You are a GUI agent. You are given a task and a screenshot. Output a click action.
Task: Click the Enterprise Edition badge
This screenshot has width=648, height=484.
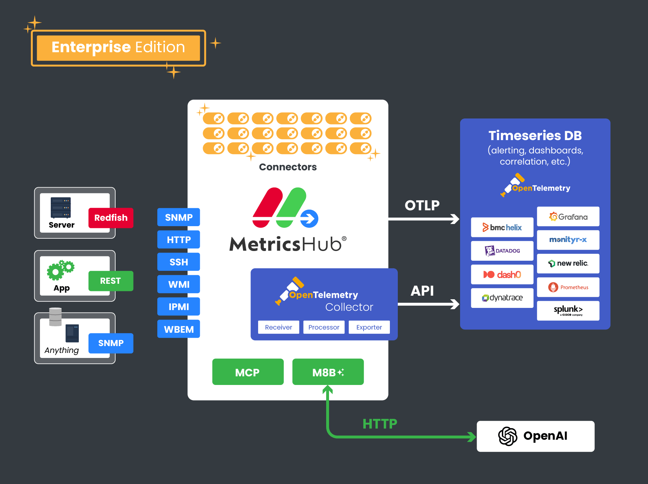(x=118, y=48)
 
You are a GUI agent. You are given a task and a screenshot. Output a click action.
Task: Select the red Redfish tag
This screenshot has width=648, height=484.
(x=111, y=218)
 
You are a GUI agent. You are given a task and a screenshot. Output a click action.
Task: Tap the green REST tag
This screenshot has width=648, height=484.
(x=111, y=281)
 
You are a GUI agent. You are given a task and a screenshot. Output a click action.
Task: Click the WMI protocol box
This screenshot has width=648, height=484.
(x=179, y=284)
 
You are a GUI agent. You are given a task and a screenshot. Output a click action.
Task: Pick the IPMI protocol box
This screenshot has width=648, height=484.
(x=179, y=307)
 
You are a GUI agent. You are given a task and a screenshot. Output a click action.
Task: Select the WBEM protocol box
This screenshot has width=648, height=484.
(x=179, y=329)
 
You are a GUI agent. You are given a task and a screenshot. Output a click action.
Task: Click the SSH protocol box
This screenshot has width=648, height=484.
(x=179, y=262)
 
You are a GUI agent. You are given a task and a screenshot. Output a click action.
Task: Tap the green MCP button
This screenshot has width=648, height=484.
(x=248, y=372)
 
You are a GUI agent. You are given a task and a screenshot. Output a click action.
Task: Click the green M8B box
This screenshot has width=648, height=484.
(x=328, y=372)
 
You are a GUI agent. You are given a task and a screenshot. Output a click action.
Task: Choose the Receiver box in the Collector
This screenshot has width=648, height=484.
(x=278, y=327)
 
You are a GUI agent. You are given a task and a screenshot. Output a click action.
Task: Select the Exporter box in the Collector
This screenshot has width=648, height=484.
(x=369, y=327)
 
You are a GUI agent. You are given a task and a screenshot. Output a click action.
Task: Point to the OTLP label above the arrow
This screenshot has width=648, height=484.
(x=422, y=205)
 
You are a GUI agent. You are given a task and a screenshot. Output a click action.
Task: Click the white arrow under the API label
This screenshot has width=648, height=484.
(x=428, y=304)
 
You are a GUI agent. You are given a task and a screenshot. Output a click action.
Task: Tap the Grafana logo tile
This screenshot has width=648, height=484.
(x=568, y=217)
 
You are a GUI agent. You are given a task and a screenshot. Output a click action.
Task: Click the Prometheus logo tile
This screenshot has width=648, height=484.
(x=568, y=287)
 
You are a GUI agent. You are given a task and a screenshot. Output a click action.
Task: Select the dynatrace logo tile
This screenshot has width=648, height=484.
(x=502, y=298)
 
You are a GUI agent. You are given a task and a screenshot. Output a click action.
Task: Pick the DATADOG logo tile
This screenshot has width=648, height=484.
(x=502, y=251)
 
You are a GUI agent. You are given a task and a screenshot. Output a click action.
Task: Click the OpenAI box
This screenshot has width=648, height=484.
(x=535, y=436)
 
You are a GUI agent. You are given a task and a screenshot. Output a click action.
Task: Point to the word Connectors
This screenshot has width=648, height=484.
(x=288, y=167)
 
